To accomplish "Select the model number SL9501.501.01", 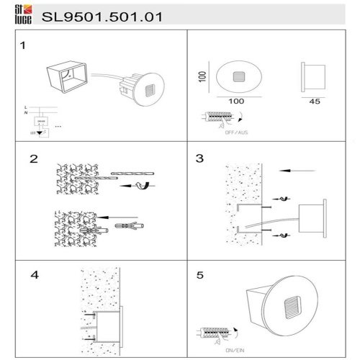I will pos(100,14).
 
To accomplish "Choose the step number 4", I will pos(34,274).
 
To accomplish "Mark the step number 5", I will pos(201,274).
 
